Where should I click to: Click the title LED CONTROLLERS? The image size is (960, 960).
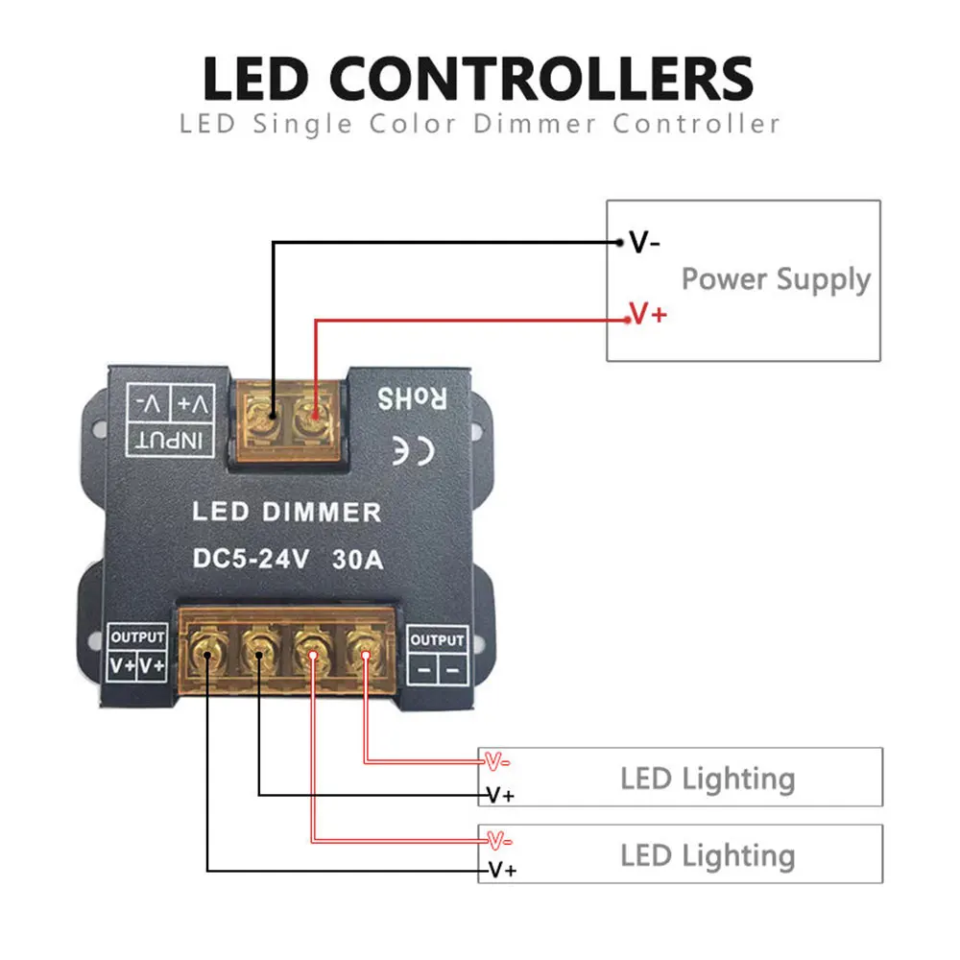(x=479, y=79)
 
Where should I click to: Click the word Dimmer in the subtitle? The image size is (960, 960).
(x=542, y=124)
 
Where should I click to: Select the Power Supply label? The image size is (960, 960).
(x=776, y=279)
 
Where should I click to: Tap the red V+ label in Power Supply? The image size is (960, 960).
(x=648, y=314)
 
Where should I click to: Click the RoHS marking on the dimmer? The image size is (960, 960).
(x=413, y=396)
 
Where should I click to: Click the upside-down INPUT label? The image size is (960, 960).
(x=173, y=440)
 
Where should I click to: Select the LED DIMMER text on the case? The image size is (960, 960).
(x=286, y=512)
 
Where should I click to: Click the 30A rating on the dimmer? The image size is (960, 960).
(x=355, y=559)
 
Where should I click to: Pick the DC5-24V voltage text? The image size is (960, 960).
(x=251, y=559)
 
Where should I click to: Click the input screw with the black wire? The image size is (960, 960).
(x=273, y=416)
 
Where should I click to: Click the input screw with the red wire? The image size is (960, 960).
(x=314, y=416)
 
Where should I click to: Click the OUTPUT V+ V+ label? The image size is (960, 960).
(x=137, y=654)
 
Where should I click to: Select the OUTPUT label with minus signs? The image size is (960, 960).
(x=436, y=654)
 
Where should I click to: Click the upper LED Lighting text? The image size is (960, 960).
(x=708, y=778)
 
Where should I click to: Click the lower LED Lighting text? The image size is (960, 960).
(x=708, y=854)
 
